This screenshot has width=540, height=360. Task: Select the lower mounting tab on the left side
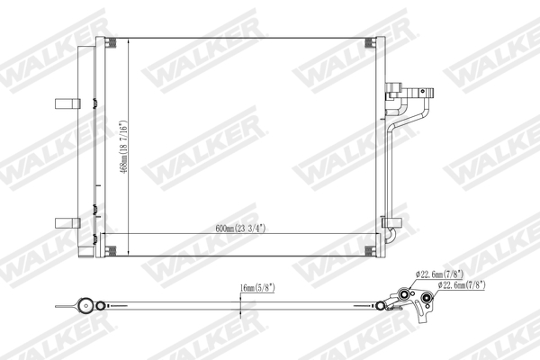[x=65, y=221]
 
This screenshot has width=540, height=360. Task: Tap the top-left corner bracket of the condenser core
[x=105, y=45]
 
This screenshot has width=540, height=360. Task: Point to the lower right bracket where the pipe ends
[x=391, y=224]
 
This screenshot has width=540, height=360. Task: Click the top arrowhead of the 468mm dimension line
[x=129, y=40]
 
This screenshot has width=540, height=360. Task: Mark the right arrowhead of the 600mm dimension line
[x=377, y=234]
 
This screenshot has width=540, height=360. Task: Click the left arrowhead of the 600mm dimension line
[x=102, y=234]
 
